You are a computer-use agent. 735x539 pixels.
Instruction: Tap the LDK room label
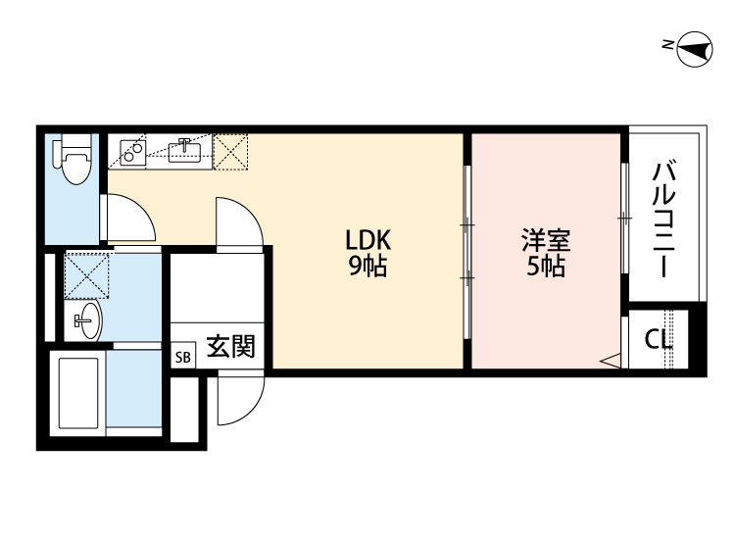point(367,239)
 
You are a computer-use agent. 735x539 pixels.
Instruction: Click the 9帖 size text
point(367,265)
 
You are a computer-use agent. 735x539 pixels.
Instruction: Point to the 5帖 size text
point(546,266)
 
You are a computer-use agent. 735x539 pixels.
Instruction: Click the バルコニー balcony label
point(663,220)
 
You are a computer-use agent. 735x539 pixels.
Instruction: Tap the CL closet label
point(658,340)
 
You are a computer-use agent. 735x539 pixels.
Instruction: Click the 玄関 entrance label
point(230,346)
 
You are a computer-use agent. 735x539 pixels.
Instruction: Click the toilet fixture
point(73,162)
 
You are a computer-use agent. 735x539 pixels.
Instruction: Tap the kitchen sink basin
point(184,150)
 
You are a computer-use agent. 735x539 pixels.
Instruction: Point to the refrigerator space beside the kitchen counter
point(231,150)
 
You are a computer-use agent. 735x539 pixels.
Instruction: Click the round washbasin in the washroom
point(87,319)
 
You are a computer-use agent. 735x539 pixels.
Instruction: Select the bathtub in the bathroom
point(78,394)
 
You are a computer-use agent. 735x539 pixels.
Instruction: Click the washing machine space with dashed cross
point(86,274)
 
